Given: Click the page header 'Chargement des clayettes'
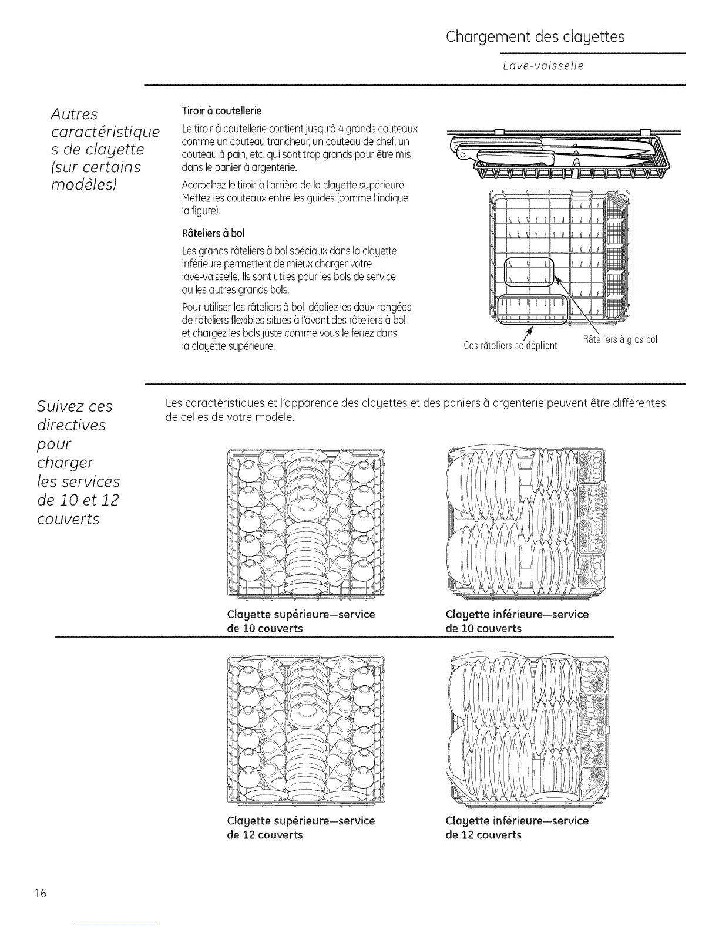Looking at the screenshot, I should click(x=535, y=37).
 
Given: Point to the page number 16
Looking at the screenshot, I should click(x=40, y=894).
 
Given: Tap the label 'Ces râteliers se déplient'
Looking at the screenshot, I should click(x=510, y=346).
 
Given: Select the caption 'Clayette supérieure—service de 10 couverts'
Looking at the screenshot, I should click(x=301, y=621).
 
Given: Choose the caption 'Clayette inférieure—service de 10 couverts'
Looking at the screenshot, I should click(x=517, y=621).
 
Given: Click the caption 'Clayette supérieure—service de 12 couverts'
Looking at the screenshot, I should click(x=301, y=827).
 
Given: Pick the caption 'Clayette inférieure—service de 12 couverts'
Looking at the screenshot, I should click(x=517, y=827).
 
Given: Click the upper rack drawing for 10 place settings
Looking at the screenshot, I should click(x=305, y=521).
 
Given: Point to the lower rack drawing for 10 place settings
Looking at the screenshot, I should click(x=526, y=521).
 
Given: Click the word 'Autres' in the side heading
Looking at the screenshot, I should click(x=73, y=113).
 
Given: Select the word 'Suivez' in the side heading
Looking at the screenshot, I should click(x=58, y=406).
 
